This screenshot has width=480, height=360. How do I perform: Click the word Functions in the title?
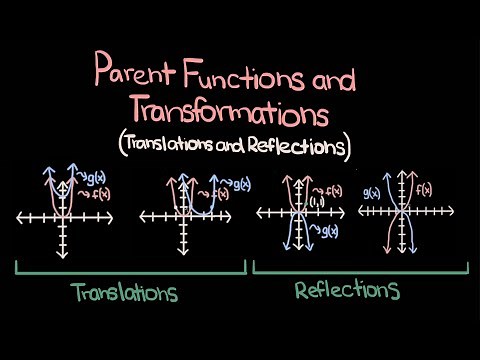pyautogui.click(x=251, y=72)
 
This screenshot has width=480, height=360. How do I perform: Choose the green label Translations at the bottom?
pyautogui.click(x=124, y=292)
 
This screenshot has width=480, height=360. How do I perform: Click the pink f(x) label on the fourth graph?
pyautogui.click(x=423, y=190)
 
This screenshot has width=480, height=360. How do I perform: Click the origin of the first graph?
pyautogui.click(x=62, y=217)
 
